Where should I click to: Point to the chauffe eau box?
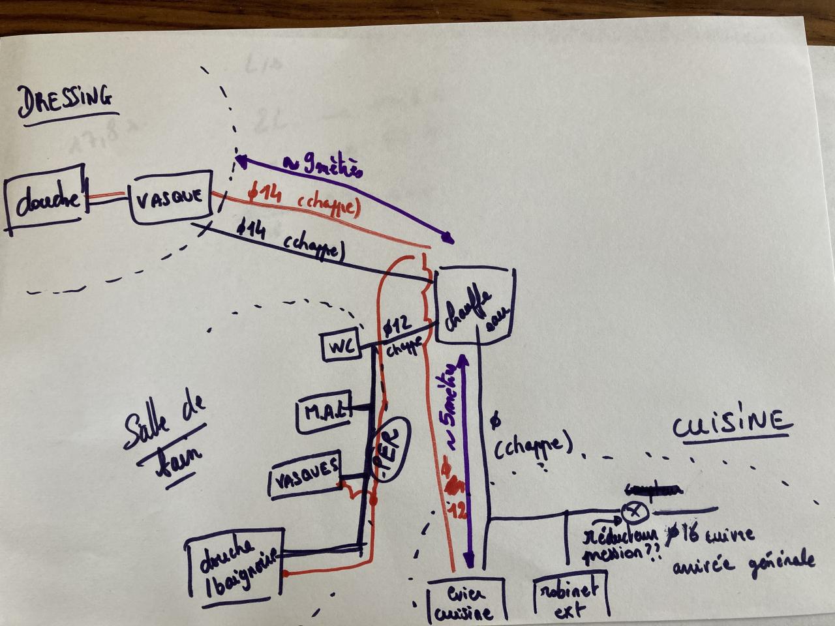click(474, 306)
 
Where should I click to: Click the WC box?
click(341, 346)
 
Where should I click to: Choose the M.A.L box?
click(324, 412)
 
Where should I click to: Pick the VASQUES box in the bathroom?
click(305, 473)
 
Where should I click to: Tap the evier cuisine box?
click(466, 602)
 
